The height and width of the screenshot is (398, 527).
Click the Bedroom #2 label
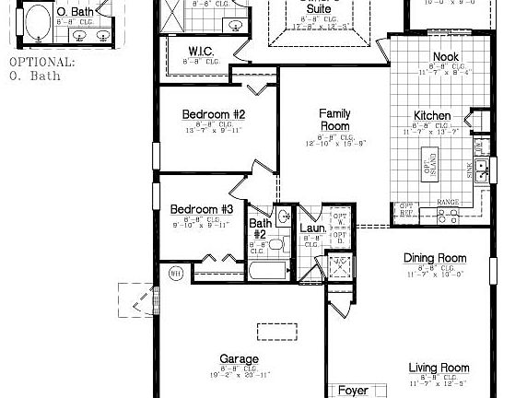pyautogui.click(x=214, y=114)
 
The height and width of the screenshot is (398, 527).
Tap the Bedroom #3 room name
pyautogui.click(x=202, y=209)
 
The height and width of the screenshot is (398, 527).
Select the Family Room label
pyautogui.click(x=334, y=120)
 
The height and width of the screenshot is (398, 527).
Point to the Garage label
pyautogui.click(x=239, y=359)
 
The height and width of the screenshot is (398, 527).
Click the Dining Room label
pyautogui.click(x=434, y=258)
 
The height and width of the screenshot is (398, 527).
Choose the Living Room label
pyautogui.click(x=439, y=368)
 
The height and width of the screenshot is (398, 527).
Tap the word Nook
pyautogui.click(x=446, y=57)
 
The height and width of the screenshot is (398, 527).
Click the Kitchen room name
pyautogui.click(x=431, y=116)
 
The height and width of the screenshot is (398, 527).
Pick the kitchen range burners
pyautogui.click(x=447, y=217)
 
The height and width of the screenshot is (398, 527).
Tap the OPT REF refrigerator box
pyautogui.click(x=405, y=211)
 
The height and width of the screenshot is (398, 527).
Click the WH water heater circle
pyautogui.click(x=176, y=273)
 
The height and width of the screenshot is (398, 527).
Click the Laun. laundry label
pyautogui.click(x=310, y=228)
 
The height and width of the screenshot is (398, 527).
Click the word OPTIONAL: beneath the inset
pyautogui.click(x=42, y=63)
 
